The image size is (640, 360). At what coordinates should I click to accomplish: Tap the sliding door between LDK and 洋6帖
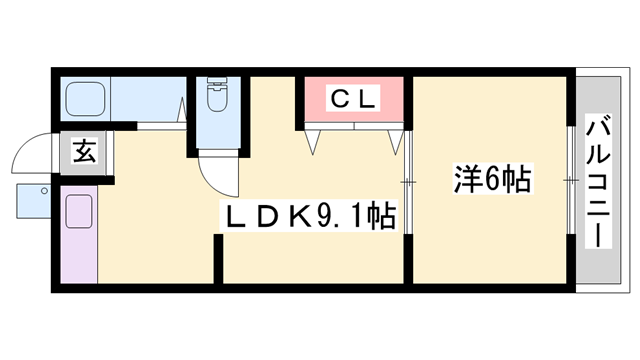408,180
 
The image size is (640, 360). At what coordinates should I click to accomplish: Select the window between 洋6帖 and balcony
569,180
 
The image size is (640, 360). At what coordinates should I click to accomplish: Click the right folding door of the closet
392,138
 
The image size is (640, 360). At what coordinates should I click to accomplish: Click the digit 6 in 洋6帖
495,181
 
